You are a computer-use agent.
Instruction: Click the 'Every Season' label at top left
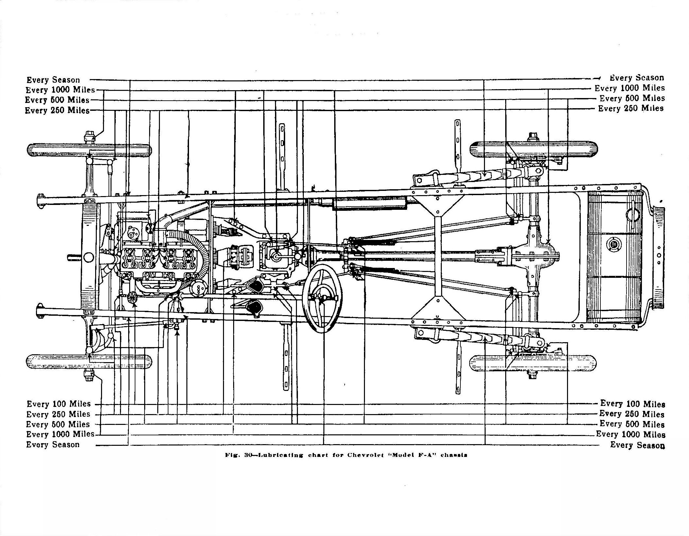coord(53,80)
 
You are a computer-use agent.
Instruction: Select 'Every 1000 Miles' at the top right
coord(629,88)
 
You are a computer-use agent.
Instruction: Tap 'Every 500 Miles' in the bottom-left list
coord(58,424)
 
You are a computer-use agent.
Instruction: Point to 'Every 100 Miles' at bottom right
coord(632,404)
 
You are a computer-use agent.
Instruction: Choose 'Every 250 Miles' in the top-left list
coord(57,110)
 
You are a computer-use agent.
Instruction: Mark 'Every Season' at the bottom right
coord(637,445)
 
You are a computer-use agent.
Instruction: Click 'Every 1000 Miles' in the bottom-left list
coord(60,434)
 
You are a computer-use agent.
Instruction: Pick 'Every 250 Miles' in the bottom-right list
coord(632,414)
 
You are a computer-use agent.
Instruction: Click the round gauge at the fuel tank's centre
coord(612,244)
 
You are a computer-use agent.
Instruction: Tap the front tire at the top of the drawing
coord(89,150)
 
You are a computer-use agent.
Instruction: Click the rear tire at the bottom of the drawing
coord(533,363)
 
